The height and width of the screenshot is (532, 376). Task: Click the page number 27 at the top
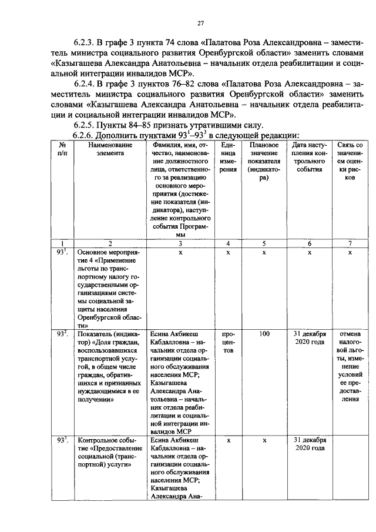coord(200,23)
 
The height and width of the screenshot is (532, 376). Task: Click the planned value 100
coord(264,334)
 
